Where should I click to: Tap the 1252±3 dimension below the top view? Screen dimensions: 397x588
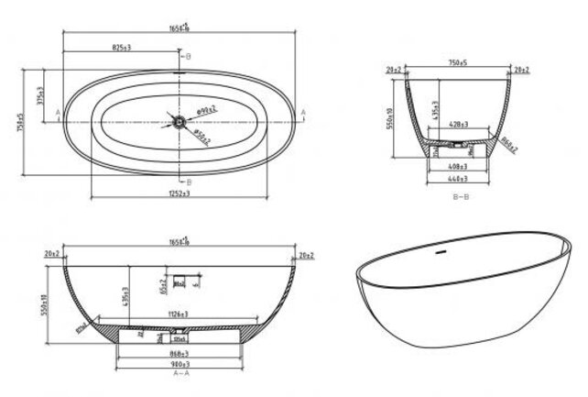click(180, 193)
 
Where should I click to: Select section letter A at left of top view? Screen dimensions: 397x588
click(58, 112)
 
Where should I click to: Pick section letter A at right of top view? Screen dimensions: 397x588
click(302, 110)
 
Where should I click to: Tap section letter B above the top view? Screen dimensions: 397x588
click(188, 56)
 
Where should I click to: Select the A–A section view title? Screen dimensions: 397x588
click(180, 374)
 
